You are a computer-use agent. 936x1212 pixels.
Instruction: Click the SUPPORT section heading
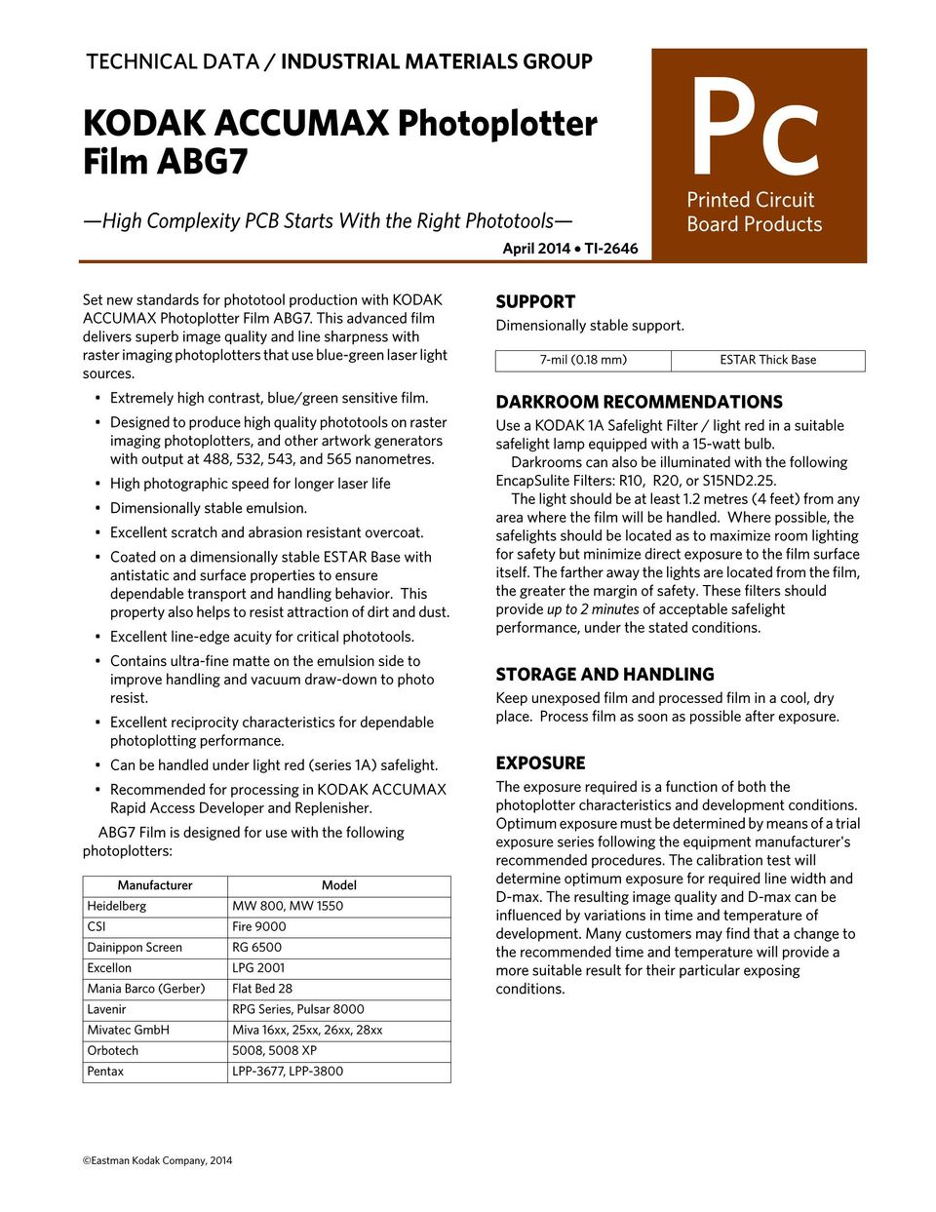tap(535, 302)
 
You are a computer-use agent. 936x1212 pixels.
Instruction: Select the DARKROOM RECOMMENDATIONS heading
tap(639, 402)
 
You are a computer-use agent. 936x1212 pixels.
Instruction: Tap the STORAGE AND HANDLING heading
tap(604, 674)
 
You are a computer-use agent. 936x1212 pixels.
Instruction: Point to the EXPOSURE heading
tap(540, 762)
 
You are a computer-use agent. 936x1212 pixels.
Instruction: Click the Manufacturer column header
tap(155, 885)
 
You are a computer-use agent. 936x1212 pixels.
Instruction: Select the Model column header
tap(338, 885)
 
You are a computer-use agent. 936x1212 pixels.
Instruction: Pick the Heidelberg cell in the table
tap(117, 906)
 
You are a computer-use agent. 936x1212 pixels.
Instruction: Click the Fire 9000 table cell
tap(259, 926)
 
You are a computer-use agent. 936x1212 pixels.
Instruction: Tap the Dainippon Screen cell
tap(135, 947)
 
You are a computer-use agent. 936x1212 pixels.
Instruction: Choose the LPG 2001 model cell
tap(258, 967)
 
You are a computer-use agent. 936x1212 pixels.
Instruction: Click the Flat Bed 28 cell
tap(262, 988)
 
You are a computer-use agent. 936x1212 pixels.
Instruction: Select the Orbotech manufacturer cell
tap(113, 1050)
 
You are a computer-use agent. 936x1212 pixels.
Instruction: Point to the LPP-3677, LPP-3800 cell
tap(288, 1071)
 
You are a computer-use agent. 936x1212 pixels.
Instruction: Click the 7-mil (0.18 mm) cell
tap(583, 360)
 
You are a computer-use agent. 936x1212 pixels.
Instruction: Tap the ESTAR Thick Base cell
tap(768, 360)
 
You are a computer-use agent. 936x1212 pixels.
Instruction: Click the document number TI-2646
tap(611, 249)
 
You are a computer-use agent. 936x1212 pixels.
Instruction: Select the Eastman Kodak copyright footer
tap(157, 1160)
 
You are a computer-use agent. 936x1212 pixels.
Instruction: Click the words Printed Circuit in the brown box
tap(750, 200)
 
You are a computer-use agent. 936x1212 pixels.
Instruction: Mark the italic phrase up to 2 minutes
tap(593, 609)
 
